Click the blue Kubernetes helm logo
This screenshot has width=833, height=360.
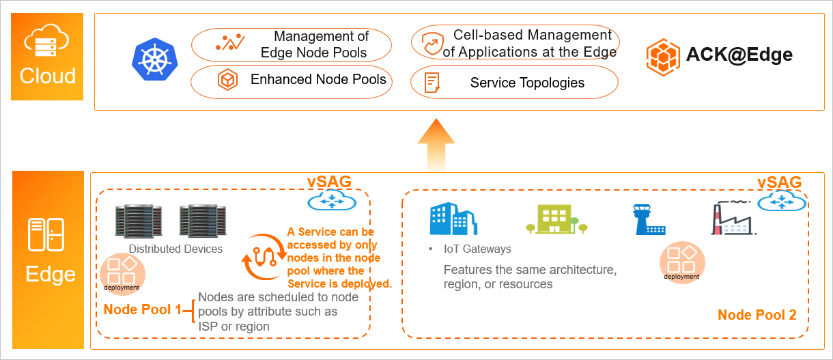[155, 59]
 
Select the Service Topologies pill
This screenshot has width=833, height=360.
[514, 83]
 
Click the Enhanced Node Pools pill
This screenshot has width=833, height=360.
[291, 80]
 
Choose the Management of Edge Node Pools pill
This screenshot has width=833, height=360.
[291, 44]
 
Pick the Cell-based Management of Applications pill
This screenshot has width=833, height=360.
[514, 43]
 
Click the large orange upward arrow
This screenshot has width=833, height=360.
[436, 145]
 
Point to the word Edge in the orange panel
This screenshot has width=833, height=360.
[50, 274]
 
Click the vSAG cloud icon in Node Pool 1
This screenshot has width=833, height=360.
[329, 199]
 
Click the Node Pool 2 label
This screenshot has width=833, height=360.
[757, 315]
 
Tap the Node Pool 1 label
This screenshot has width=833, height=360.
[142, 309]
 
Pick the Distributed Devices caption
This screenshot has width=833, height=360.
[175, 249]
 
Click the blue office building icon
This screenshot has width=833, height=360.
[453, 218]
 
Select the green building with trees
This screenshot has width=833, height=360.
[552, 219]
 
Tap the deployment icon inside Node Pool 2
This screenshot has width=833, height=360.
[681, 262]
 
